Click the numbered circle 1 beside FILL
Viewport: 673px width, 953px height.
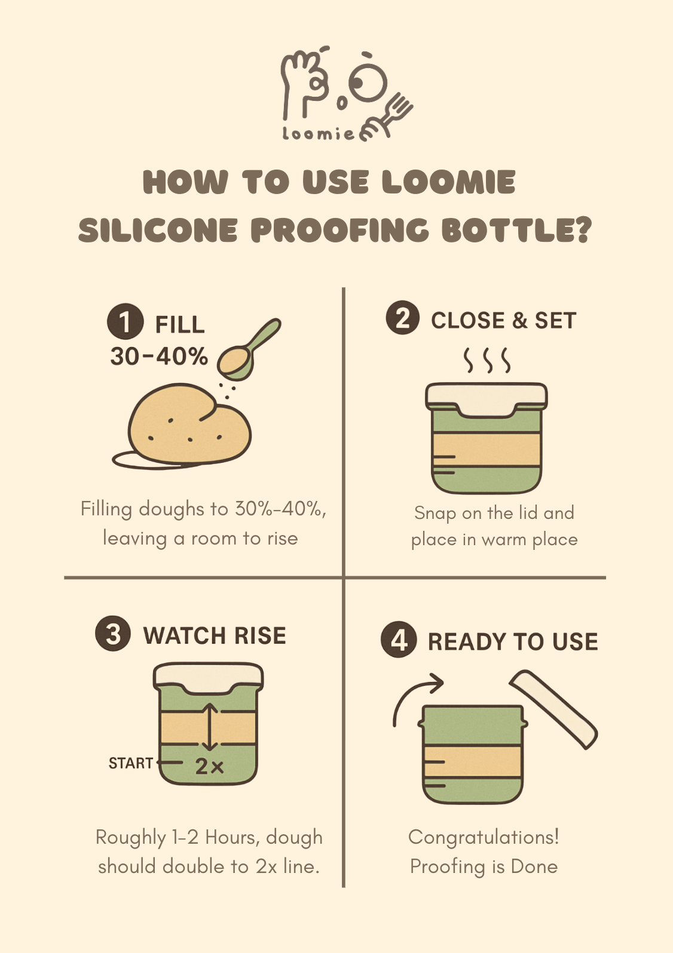pyautogui.click(x=125, y=321)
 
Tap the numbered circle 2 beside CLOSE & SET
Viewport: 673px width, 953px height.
pyautogui.click(x=402, y=318)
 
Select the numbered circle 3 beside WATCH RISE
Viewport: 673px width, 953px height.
pyautogui.click(x=113, y=634)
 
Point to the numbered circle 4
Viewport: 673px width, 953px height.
pyautogui.click(x=399, y=640)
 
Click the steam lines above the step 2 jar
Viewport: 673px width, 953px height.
pyautogui.click(x=487, y=359)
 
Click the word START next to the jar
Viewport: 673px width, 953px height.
pyautogui.click(x=131, y=763)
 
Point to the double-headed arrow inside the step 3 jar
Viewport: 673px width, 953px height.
pyautogui.click(x=209, y=727)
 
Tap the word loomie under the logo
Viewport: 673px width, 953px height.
pyautogui.click(x=318, y=134)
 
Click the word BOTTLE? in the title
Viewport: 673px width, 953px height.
pyautogui.click(x=516, y=230)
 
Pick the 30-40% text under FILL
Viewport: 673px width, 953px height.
pyautogui.click(x=159, y=356)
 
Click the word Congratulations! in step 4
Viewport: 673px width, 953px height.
pyautogui.click(x=484, y=837)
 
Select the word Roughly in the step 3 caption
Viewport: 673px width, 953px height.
pyautogui.click(x=130, y=838)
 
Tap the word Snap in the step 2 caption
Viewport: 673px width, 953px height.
pyautogui.click(x=435, y=513)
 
